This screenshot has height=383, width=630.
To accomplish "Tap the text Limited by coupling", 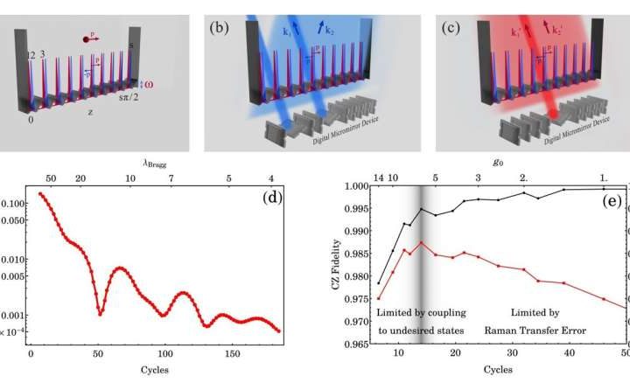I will click(x=419, y=312).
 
